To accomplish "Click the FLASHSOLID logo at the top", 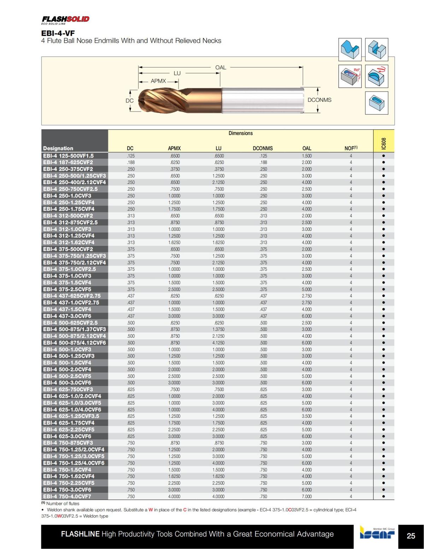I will point(65,19).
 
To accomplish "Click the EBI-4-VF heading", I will point(58,33).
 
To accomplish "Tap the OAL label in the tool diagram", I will point(220,67).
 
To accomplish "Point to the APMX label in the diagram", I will point(158,81).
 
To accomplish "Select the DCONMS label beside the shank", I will point(319,100).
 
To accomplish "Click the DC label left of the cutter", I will point(130,100).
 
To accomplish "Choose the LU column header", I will point(218,148).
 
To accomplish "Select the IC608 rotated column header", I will point(384,143).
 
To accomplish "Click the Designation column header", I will point(58,148).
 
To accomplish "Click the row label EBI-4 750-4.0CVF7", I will point(67,496).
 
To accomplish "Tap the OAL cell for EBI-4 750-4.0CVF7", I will point(307,496).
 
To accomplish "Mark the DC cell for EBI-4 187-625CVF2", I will point(130,162).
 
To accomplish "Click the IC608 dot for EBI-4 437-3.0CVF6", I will point(383,316).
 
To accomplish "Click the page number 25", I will point(411,536).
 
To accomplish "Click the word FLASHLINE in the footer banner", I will point(80,534).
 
